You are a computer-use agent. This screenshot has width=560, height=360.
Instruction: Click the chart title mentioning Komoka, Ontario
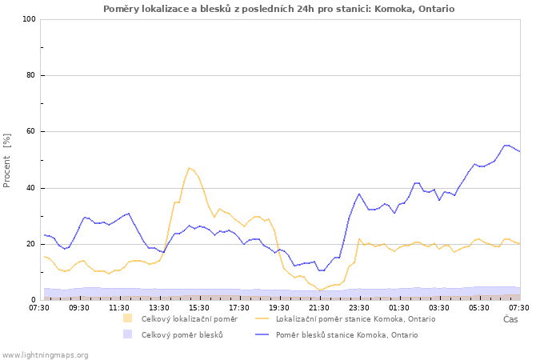click(278, 9)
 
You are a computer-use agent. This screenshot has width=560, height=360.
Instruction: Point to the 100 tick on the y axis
click(30, 19)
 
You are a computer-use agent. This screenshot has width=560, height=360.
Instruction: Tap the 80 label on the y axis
click(31, 75)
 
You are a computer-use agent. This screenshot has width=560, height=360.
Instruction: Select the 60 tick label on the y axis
click(31, 131)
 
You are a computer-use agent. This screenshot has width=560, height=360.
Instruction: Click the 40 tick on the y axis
click(31, 188)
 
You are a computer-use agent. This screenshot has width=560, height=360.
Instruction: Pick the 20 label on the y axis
click(31, 244)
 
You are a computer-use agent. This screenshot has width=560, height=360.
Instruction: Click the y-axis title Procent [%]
click(7, 160)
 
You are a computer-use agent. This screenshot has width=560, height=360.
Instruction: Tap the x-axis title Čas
click(510, 319)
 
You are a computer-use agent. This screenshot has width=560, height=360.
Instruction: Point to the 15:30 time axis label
click(199, 307)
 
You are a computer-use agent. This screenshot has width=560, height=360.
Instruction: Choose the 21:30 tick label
click(319, 307)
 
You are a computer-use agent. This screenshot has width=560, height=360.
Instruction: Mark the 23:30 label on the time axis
click(359, 307)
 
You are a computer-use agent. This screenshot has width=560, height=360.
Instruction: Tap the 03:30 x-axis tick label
click(439, 307)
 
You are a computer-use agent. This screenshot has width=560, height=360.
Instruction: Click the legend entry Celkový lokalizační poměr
click(189, 319)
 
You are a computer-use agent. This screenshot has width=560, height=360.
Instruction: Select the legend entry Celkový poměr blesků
click(182, 335)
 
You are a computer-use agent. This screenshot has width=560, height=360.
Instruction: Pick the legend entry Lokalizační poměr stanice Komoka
click(355, 319)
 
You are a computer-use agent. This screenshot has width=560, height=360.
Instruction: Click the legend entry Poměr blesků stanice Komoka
click(346, 335)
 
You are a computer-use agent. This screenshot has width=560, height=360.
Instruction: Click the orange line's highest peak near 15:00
click(190, 168)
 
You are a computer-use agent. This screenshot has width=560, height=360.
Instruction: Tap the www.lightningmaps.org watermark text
click(45, 354)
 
